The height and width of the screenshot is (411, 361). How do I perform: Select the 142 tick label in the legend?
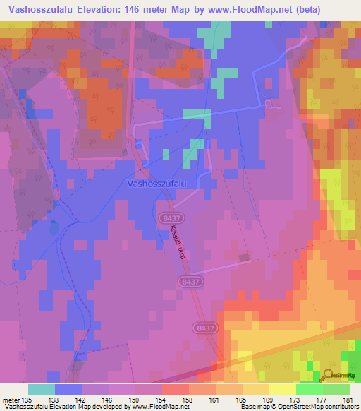pyautogui.click(x=82, y=399)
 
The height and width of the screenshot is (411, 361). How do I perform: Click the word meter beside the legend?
pyautogui.click(x=11, y=399)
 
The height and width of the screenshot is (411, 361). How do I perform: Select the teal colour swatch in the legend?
pyautogui.click(x=42, y=389)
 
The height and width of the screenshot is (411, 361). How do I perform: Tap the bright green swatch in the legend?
pyautogui.click(x=310, y=389)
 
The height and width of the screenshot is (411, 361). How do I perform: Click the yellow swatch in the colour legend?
pyautogui.click(x=283, y=389)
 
